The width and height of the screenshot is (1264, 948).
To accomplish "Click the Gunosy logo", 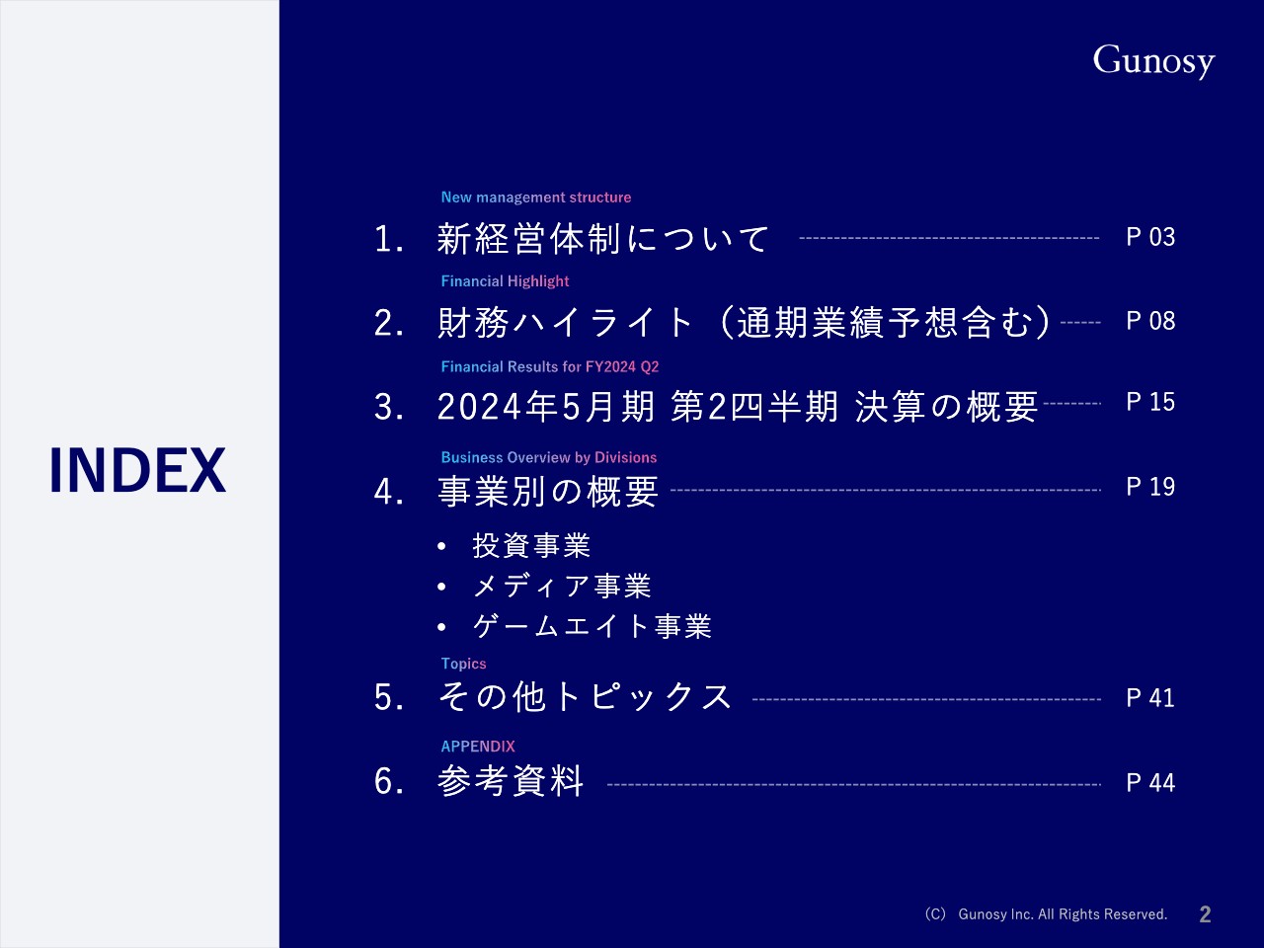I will pos(1152,61).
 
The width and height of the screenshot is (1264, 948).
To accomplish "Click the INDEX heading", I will pos(137,470).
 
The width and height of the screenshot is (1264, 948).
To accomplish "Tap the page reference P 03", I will pos(1150,237).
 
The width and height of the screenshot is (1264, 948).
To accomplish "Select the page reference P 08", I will pos(1150,321).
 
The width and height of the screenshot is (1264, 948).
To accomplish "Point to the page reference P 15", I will pos(1150,402).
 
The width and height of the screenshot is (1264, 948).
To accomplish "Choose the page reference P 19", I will pos(1150,487).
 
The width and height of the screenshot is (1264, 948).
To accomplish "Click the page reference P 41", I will pos(1150,698).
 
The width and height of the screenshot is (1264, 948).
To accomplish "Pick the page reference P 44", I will pos(1150,783).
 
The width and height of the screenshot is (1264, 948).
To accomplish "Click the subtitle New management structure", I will pos(535,197).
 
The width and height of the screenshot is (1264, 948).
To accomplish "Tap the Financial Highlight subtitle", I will pos(505,281).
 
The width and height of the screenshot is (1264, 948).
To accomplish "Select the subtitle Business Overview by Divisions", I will pos(548,457).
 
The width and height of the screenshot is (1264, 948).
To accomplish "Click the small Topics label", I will pos(463,664).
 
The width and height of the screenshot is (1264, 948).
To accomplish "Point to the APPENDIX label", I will pos(478,747).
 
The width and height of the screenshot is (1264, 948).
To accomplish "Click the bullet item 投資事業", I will pos(531,546).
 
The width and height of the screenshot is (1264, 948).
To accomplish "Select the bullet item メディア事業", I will pos(561,587).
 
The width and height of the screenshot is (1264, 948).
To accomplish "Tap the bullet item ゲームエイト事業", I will pos(592,626).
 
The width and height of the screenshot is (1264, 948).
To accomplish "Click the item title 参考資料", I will pos(511,782).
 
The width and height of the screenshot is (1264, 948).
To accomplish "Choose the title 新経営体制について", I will pos(602,238).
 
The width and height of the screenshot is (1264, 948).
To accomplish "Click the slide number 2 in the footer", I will pos(1205,914).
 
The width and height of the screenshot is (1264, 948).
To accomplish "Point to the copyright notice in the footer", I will pos(1046,914).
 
